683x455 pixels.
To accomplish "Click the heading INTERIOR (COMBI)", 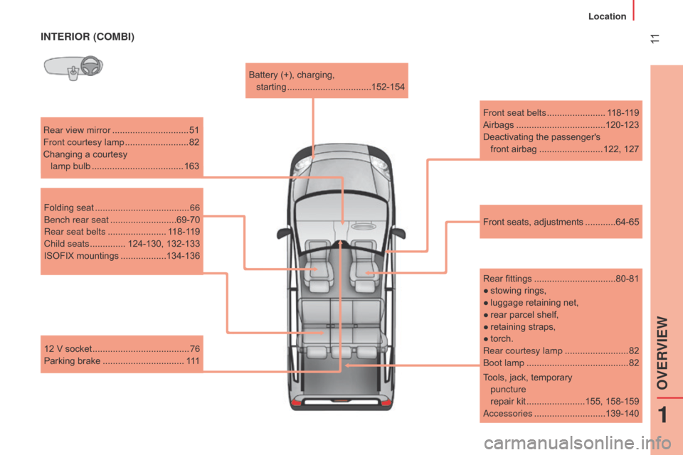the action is click(88, 36).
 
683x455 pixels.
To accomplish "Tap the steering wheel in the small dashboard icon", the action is click(92, 66).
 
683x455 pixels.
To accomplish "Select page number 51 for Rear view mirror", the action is click(194, 130).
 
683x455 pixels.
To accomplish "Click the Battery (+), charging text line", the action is click(292, 75).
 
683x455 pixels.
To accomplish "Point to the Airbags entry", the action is click(561, 125).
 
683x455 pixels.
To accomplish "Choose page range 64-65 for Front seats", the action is click(628, 222).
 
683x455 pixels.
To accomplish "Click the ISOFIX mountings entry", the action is click(122, 256).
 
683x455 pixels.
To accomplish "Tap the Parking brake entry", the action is click(122, 361).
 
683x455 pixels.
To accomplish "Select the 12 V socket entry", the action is click(122, 349).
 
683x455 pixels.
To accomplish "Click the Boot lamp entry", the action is click(561, 363).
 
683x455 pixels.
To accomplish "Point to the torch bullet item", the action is click(498, 338).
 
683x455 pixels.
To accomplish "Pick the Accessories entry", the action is click(561, 414).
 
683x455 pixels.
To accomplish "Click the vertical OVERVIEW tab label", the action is click(662, 353).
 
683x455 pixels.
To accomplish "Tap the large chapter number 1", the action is click(662, 414).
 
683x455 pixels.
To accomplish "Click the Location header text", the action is click(607, 16).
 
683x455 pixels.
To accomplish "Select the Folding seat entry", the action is click(122, 208).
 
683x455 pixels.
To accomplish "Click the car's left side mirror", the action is click(285, 233).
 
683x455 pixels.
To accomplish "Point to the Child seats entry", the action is click(122, 244).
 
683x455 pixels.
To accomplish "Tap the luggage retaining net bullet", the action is click(531, 303).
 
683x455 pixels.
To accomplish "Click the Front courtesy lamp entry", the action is click(121, 142).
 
